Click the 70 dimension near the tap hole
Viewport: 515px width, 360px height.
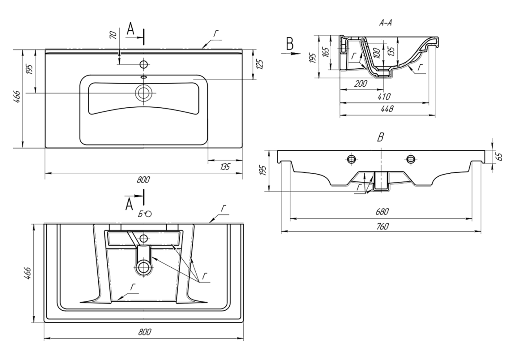pyautogui.click(x=113, y=35)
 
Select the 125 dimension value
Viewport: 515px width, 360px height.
pyautogui.click(x=259, y=64)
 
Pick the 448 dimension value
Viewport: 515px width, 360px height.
pyautogui.click(x=388, y=110)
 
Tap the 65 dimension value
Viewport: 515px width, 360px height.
pyautogui.click(x=499, y=156)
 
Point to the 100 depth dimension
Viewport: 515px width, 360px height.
pyautogui.click(x=376, y=53)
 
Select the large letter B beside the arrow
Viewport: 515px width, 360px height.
pyautogui.click(x=290, y=44)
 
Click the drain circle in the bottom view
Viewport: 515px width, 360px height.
pyautogui.click(x=143, y=268)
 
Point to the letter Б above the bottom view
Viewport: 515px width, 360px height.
pyautogui.click(x=140, y=213)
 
